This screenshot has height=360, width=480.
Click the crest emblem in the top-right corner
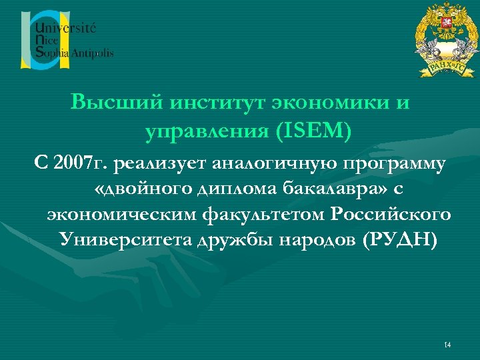(441, 39)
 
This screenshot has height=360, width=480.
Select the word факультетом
(266, 215)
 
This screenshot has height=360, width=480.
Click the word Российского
(390, 215)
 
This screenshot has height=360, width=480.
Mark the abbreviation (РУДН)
(399, 240)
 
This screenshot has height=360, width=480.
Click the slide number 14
(447, 345)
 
